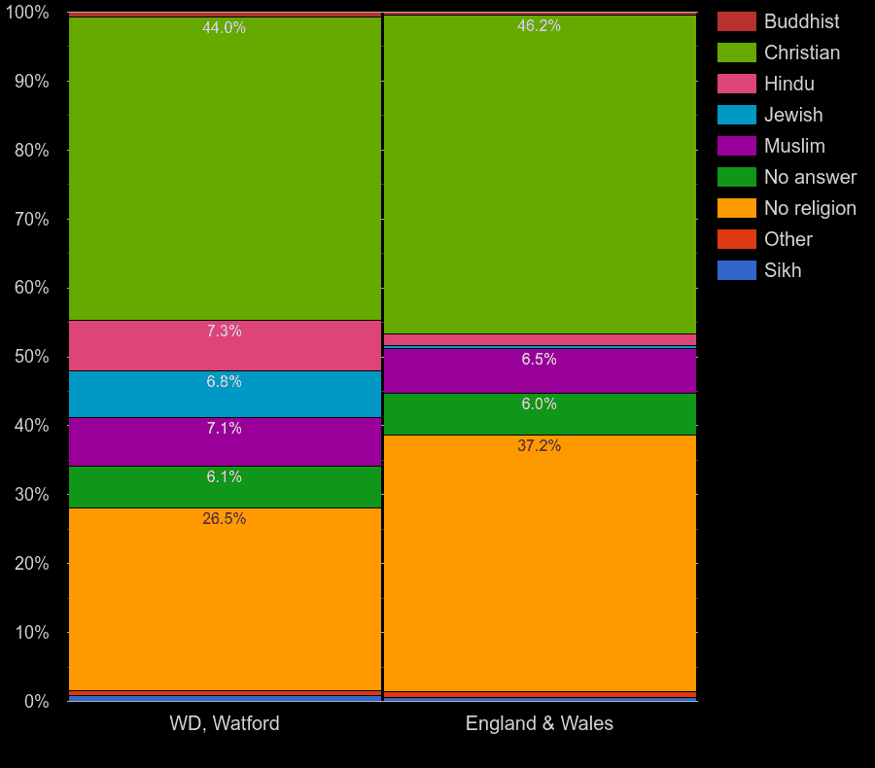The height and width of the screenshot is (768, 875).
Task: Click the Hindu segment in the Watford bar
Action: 225,345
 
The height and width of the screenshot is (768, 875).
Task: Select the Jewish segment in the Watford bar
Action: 225,394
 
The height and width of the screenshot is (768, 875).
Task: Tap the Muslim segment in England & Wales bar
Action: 540,370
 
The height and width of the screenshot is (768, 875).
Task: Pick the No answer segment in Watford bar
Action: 225,487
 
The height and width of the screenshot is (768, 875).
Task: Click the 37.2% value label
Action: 540,446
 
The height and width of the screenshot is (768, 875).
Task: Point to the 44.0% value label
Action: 224,28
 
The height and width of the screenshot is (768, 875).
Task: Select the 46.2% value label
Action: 539,26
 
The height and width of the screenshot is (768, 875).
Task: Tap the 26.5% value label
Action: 224,519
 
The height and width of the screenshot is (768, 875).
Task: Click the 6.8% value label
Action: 224,382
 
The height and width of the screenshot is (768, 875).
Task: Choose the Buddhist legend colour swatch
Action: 736,21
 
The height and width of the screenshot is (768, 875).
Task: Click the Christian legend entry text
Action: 801,52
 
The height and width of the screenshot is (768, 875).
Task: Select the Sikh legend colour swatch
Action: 736,270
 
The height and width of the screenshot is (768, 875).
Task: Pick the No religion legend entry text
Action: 810,208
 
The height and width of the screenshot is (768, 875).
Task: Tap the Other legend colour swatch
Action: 736,239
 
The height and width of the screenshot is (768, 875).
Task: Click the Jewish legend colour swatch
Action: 736,115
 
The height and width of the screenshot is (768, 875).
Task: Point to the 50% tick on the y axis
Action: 31,357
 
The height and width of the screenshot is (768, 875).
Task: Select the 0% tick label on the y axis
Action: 36,701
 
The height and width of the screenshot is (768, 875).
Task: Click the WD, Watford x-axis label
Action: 225,723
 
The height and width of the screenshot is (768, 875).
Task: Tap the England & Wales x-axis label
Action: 540,723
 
